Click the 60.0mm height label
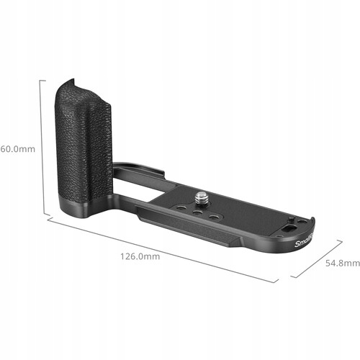pyautogui.click(x=17, y=149)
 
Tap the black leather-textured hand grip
pyautogui.click(x=85, y=144)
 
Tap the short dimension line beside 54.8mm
pyautogui.click(x=317, y=259)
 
